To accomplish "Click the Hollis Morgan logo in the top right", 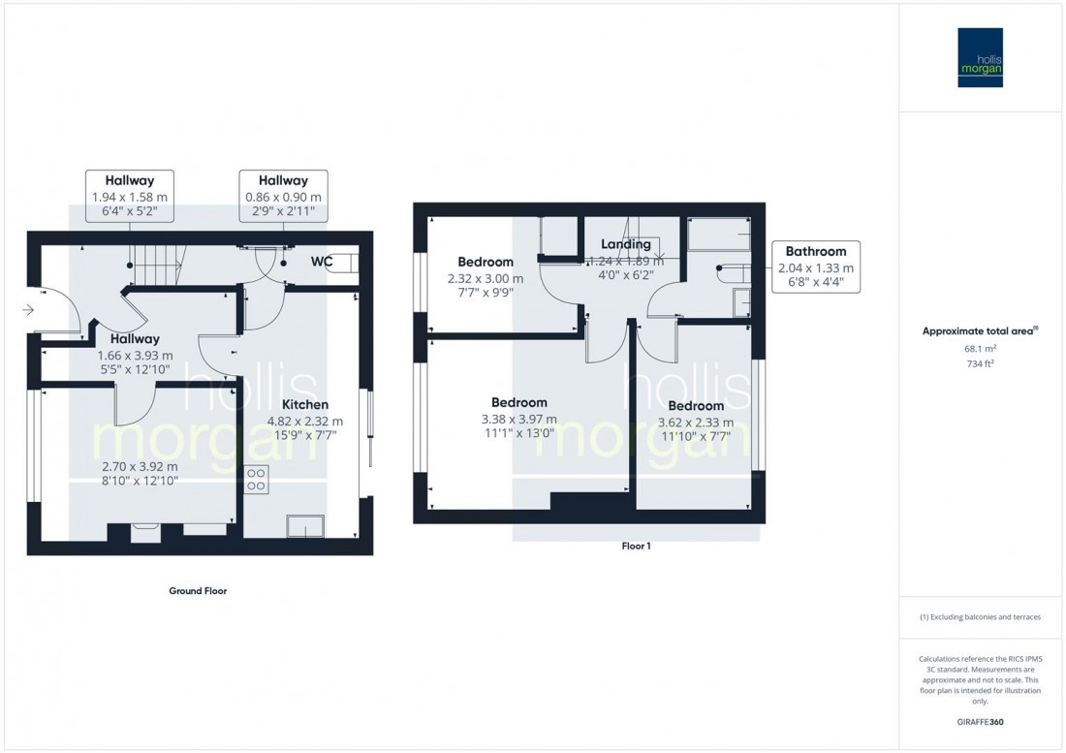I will pyautogui.click(x=980, y=58).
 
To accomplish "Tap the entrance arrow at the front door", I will pyautogui.click(x=29, y=310).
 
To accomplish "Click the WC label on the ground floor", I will pyautogui.click(x=323, y=262).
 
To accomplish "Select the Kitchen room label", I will pyautogui.click(x=305, y=405).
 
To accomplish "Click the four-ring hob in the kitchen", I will pyautogui.click(x=258, y=478).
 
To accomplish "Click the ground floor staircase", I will pyautogui.click(x=155, y=264).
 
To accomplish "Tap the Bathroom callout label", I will pyautogui.click(x=814, y=251).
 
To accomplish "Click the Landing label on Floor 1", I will pyautogui.click(x=625, y=244).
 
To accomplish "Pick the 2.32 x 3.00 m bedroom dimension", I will pyautogui.click(x=486, y=278).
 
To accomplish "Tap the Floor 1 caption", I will pyautogui.click(x=636, y=547).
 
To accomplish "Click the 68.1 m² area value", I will pyautogui.click(x=981, y=347).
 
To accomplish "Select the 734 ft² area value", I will pyautogui.click(x=981, y=363).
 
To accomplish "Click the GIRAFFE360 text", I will pyautogui.click(x=980, y=722).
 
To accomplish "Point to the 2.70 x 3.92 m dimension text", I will pyautogui.click(x=141, y=464).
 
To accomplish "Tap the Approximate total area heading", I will pyautogui.click(x=980, y=329).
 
